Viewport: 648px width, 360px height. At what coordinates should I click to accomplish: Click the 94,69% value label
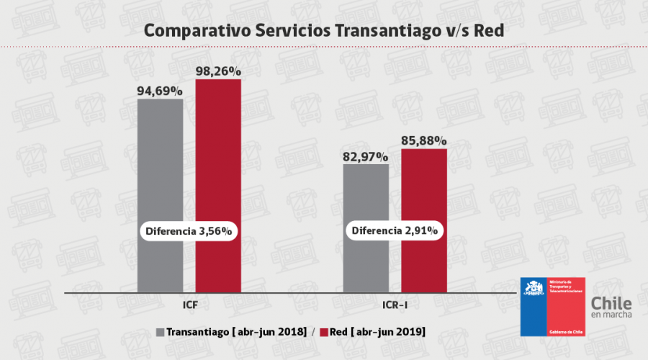pos(160,91)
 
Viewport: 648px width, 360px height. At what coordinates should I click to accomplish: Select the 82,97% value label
pos(366,156)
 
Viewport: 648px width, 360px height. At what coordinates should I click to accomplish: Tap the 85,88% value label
pos(424,141)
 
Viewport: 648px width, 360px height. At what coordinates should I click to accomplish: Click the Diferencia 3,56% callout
pos(189,231)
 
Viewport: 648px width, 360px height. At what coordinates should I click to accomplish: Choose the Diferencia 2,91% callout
pos(395,231)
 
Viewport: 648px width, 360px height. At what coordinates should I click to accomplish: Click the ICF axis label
pos(189,305)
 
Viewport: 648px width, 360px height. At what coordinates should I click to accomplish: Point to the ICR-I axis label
pos(395,305)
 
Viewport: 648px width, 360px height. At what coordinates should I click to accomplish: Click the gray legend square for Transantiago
pos(160,332)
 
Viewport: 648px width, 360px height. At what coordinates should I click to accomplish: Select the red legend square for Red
pos(323,332)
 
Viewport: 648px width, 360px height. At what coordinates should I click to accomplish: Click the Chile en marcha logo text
pos(611,309)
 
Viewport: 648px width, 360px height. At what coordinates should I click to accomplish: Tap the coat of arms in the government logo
pos(534,290)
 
